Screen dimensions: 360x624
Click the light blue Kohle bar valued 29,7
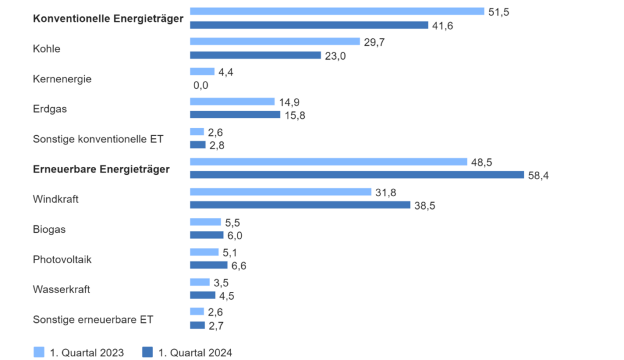275,41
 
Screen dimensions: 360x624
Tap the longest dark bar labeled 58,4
356,175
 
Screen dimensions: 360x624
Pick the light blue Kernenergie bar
202,71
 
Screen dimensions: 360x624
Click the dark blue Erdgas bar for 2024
235,115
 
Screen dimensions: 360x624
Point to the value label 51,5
498,12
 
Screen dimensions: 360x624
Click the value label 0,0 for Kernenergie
200,85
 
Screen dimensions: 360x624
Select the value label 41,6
443,25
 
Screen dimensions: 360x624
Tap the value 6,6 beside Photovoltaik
238,266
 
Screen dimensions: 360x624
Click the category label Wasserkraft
61,289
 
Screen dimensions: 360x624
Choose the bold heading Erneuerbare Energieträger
101,169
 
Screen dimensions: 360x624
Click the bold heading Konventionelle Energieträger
108,19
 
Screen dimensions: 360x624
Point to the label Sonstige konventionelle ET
98,139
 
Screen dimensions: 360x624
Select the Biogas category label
49,229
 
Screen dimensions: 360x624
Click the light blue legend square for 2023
39,352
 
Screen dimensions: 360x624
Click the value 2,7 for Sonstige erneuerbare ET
216,325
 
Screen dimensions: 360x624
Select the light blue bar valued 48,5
328,161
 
